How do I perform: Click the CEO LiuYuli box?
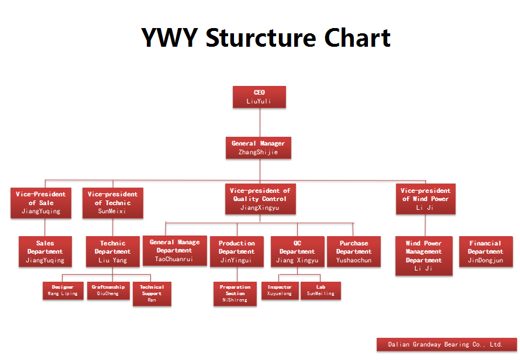point(259,97)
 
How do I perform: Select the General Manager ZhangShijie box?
point(258,148)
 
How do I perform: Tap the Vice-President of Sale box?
point(40,203)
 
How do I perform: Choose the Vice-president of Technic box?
point(112,203)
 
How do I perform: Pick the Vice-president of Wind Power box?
point(425,199)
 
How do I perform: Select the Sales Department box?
point(45,252)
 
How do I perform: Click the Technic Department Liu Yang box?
point(112,252)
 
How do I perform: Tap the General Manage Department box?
point(174,251)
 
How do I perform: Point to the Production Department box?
point(236,252)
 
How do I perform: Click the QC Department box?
point(297,252)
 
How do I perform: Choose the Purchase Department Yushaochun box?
point(353,252)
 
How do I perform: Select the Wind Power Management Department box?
point(423,256)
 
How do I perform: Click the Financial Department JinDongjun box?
point(485,252)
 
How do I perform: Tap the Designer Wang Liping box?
point(63,290)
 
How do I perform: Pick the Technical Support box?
point(151,293)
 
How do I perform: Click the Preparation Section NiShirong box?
point(235,293)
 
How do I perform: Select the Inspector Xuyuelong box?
point(280,290)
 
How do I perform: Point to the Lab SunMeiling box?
point(321,290)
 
